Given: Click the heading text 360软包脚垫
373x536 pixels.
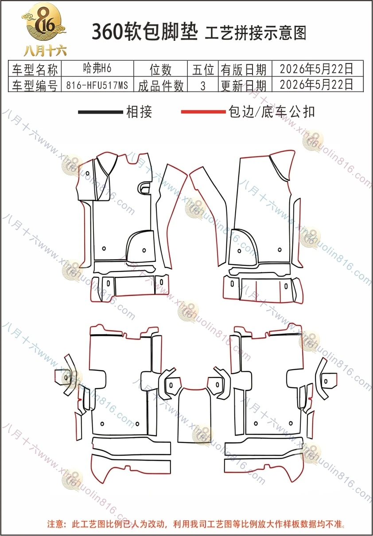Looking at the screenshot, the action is (145, 32).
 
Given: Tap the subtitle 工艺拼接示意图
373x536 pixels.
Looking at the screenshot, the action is (256, 33).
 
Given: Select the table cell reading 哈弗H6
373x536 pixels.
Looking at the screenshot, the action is (97, 68).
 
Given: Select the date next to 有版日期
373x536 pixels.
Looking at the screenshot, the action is (316, 69).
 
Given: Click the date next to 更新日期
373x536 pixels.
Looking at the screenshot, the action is (316, 84).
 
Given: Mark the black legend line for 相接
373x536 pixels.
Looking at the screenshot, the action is (101, 112).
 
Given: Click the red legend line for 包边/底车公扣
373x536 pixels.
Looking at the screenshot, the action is (203, 112).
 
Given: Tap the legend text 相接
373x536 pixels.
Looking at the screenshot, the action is (139, 112).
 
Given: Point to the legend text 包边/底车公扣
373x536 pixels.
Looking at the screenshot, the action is (272, 111).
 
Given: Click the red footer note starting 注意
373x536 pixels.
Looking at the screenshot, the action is (196, 524).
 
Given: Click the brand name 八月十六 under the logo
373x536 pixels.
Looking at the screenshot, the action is (45, 51).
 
